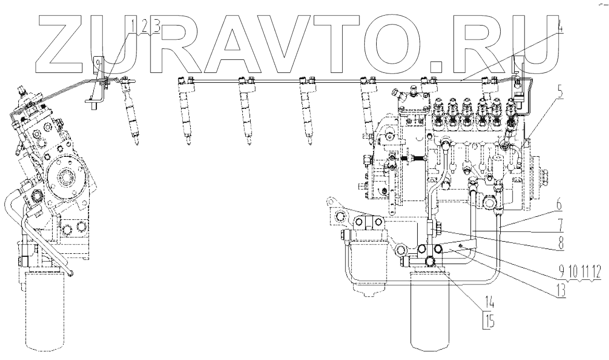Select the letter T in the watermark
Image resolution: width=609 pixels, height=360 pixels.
341,42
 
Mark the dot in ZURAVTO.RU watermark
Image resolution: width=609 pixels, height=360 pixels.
436,65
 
